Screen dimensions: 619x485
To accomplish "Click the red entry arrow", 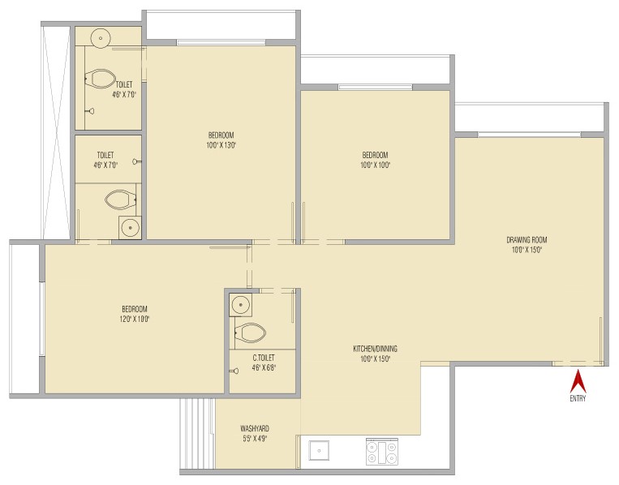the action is click(x=578, y=380).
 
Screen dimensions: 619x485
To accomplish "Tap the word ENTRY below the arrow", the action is click(x=578, y=398).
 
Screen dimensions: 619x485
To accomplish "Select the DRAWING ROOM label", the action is click(x=527, y=239).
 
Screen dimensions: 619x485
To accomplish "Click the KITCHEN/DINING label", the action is click(x=375, y=349).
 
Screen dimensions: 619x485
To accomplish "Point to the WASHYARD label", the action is click(x=255, y=428).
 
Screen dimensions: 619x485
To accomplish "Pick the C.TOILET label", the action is click(x=264, y=358).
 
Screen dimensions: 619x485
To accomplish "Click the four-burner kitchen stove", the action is click(x=382, y=451).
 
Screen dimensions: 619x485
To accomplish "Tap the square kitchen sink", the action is click(x=319, y=450).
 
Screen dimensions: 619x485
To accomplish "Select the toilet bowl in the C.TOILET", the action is click(x=250, y=333).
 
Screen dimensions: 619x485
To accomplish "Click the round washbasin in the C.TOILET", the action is click(x=240, y=304).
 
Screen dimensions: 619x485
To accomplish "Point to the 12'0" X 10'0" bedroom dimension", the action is click(x=135, y=319).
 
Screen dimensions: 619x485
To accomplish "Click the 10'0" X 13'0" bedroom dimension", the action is click(x=221, y=145).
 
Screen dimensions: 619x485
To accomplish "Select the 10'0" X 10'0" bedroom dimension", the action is click(x=375, y=165).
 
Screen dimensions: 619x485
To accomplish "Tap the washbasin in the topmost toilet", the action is click(x=101, y=38).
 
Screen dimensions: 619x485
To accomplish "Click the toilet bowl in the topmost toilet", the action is click(x=101, y=79).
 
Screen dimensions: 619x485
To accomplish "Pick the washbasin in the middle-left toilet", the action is click(x=130, y=228).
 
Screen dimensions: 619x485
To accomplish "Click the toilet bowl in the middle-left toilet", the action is click(x=120, y=200).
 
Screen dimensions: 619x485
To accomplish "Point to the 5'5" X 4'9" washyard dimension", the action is click(x=255, y=438).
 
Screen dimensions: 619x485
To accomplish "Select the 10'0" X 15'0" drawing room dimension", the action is click(x=527, y=250).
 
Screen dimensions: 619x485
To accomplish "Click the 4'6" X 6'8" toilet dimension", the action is click(x=264, y=367).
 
